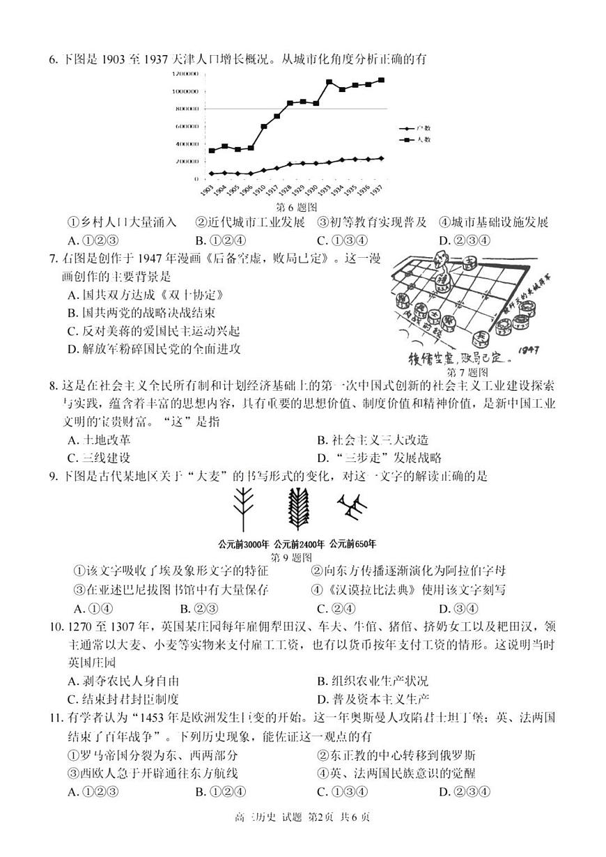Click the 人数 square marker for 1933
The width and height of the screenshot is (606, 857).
coord(329,82)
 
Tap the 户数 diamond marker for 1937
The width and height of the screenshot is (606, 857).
coord(381,158)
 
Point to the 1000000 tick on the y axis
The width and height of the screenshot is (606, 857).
coord(185,91)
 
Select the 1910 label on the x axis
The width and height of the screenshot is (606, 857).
coord(261,190)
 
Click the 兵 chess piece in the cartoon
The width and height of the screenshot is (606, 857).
coord(481,337)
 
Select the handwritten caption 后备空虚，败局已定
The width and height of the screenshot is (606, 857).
coord(459,360)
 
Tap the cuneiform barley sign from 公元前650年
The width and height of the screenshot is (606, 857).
coord(350,511)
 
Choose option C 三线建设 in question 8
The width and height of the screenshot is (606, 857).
coord(98,458)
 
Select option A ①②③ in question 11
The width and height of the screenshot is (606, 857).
coord(93,792)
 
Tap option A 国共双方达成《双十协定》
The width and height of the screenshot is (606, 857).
coord(146,295)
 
